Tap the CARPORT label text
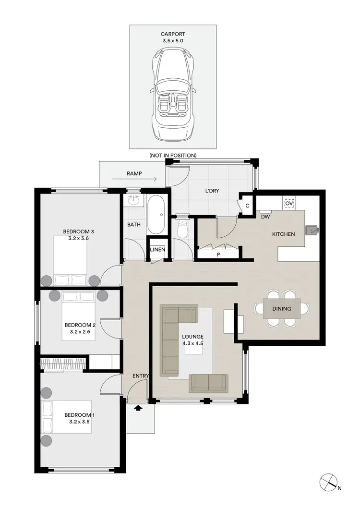click(x=173, y=34)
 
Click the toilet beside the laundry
click(x=182, y=229)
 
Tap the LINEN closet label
click(x=157, y=250)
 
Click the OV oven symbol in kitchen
click(x=289, y=204)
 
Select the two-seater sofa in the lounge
click(x=209, y=383)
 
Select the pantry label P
click(x=218, y=254)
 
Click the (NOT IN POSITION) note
click(x=173, y=155)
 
